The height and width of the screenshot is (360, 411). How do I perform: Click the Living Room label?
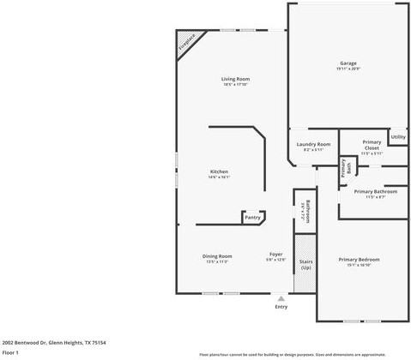coord(235,79)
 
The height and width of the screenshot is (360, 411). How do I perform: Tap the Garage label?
coord(348,63)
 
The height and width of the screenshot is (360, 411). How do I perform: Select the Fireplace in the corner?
coord(185,45)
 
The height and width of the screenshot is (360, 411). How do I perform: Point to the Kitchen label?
coord(220,171)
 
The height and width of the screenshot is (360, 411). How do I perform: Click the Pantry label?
coord(252,217)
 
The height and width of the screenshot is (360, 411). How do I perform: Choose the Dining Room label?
coord(218,255)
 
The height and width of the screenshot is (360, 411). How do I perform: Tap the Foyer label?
coord(275,254)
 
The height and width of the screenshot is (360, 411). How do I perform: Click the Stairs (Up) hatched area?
coord(305,262)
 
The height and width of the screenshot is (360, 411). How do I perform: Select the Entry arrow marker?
coord(281,297)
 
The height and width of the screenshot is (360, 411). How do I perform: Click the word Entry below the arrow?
coord(281,306)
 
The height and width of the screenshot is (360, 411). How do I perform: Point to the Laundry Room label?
coord(313,144)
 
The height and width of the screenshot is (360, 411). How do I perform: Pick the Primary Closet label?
coord(371,145)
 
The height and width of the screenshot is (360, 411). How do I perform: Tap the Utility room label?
coord(397,136)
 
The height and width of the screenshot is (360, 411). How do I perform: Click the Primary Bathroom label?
coord(375,191)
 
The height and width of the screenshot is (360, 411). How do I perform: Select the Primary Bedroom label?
coord(358,259)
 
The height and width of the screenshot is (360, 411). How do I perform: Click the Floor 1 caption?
coord(10,352)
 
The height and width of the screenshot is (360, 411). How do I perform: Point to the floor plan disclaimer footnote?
coord(304,353)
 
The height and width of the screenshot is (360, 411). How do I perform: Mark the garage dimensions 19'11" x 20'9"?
coord(348,69)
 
